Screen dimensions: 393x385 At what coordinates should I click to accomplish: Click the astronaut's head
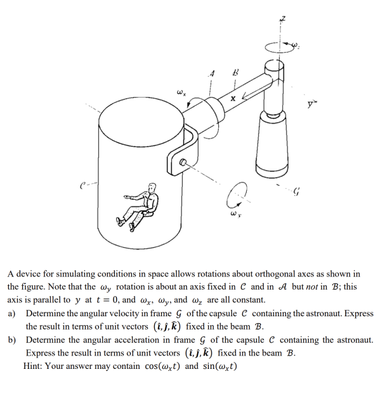(x=152, y=188)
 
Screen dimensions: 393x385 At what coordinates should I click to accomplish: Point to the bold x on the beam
(x=233, y=98)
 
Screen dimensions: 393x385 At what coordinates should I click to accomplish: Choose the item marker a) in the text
(x=13, y=313)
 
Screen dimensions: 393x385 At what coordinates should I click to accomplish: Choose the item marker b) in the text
(x=13, y=340)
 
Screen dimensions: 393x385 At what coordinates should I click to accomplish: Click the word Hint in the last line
(x=36, y=367)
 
